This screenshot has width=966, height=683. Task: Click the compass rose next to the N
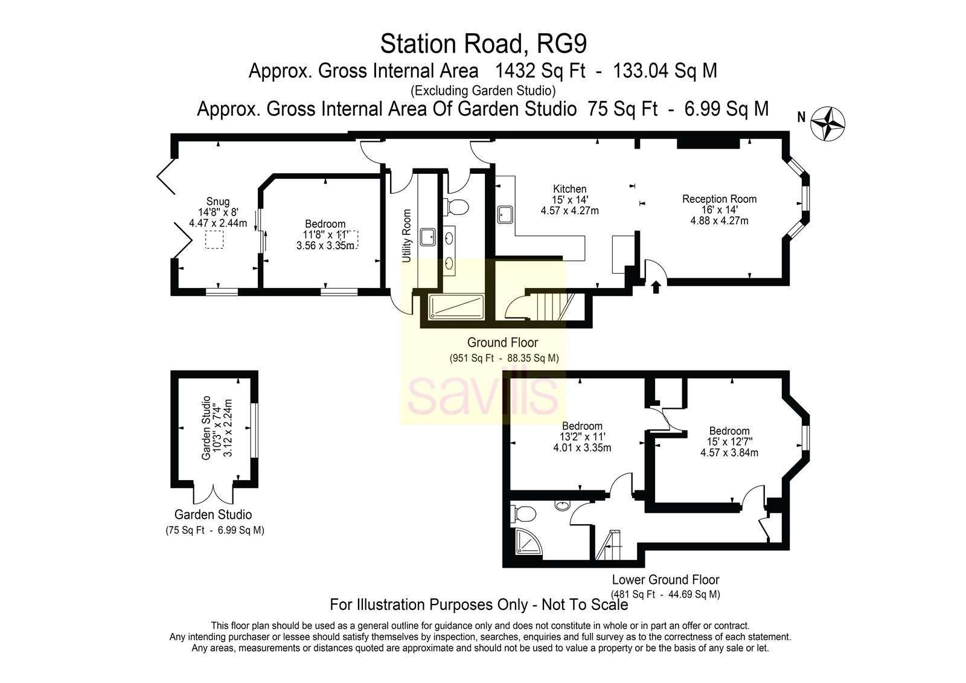click(828, 124)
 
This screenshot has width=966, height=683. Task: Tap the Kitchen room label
click(570, 189)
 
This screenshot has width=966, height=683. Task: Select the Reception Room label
click(719, 199)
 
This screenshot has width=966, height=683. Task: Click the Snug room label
click(218, 202)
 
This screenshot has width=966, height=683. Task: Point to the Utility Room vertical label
click(407, 236)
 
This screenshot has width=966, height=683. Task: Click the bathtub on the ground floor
click(456, 307)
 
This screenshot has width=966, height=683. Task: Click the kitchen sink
click(505, 214)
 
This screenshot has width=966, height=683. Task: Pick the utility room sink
click(428, 237)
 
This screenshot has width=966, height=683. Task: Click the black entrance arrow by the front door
click(656, 287)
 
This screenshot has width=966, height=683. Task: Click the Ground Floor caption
click(502, 342)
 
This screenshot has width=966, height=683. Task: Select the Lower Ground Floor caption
click(666, 580)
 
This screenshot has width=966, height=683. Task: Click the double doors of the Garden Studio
click(214, 493)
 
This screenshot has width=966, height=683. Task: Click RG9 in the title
click(562, 44)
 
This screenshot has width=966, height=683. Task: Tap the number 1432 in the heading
click(516, 71)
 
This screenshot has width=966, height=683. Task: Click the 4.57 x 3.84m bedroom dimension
click(729, 452)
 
